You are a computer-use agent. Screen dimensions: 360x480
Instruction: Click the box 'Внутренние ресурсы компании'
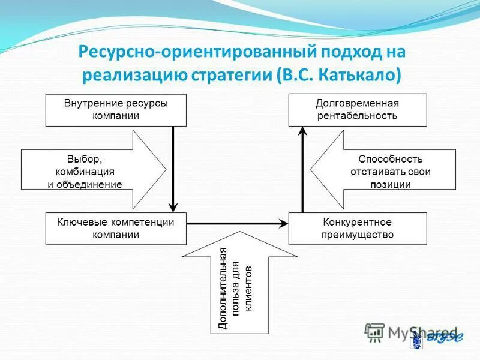tap(116, 110)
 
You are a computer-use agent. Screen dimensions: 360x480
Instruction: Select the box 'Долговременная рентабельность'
tap(358, 110)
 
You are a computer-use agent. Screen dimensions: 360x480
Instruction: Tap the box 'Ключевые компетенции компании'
tap(116, 228)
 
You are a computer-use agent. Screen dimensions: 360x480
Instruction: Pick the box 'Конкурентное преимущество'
tap(358, 228)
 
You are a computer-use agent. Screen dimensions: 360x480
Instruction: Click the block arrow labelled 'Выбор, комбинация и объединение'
tap(90, 172)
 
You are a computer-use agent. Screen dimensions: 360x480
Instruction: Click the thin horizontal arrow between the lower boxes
tap(237, 223)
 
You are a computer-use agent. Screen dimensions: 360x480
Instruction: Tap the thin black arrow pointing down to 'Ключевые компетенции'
tap(173, 168)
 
